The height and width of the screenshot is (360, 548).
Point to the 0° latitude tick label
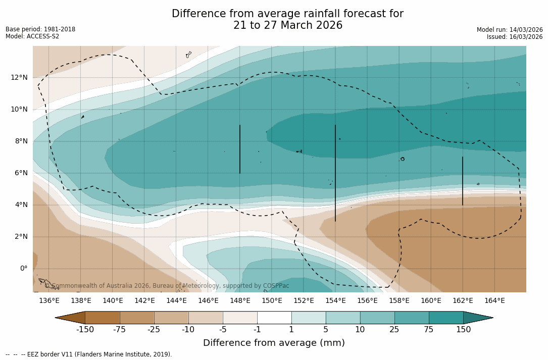(23, 269)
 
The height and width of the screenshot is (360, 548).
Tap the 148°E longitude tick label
(240, 300)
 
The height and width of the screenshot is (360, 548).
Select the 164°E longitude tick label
(494, 300)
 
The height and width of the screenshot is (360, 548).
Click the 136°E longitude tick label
(49, 300)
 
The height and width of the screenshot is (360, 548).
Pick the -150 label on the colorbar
(85, 330)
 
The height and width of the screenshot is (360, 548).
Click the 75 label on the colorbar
(429, 330)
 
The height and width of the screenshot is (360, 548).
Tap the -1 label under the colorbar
(257, 330)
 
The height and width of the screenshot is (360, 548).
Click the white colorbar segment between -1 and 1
(274, 318)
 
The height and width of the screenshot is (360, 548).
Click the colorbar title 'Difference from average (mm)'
(274, 343)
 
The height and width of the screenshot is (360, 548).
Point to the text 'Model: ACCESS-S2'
(32, 36)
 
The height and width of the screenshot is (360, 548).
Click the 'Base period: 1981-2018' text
(40, 29)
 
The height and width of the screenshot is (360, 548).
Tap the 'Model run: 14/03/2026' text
(510, 30)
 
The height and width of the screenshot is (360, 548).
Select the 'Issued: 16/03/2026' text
(515, 37)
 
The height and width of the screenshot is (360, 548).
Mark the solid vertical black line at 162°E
(463, 181)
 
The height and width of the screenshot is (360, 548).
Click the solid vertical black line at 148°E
(240, 149)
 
